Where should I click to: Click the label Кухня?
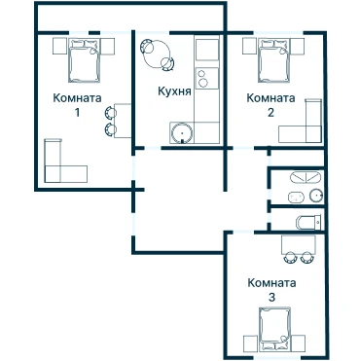point(174,91)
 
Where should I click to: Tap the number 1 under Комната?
point(77,113)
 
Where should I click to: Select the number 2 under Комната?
point(270,113)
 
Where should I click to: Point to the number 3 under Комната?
point(271,297)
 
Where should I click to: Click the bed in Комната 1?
point(84,60)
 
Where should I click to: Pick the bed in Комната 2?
point(273,60)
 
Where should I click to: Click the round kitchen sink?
point(182,133)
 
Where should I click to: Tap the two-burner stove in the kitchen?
point(207,78)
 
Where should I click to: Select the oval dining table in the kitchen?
point(158,54)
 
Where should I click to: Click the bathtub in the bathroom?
point(306,178)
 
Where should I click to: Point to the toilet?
point(308,222)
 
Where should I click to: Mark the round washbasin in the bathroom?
point(316,196)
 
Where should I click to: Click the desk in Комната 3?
point(299,244)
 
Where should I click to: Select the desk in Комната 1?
point(123,121)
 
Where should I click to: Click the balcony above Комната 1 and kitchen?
point(130,18)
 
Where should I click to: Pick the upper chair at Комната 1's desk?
point(110,112)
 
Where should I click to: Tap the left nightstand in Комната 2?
point(250,46)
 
